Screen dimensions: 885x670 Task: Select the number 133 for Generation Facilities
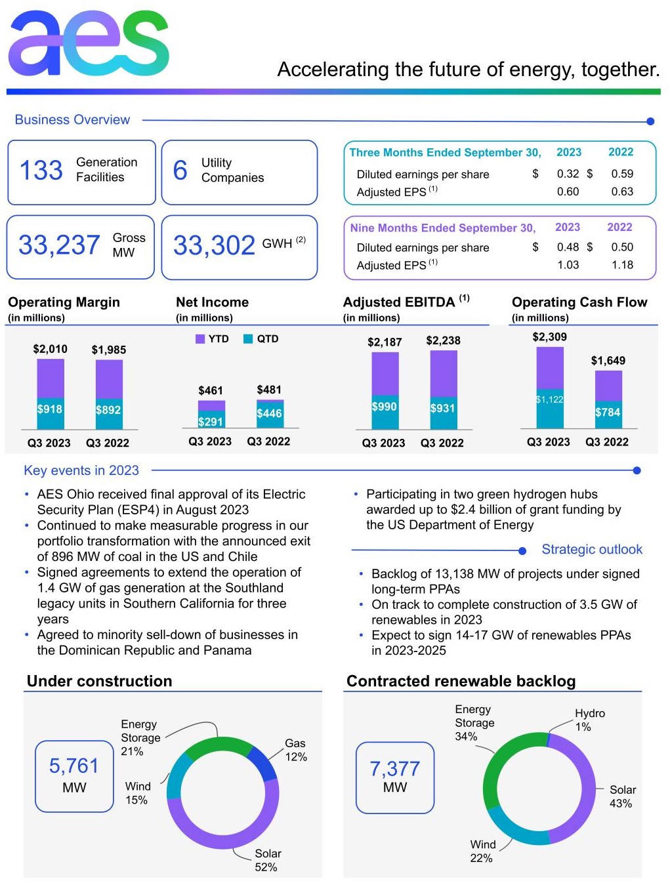[41, 170]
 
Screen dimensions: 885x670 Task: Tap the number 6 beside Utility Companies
[180, 170]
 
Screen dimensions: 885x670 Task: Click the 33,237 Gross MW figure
[59, 245]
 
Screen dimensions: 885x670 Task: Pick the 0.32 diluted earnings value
[568, 174]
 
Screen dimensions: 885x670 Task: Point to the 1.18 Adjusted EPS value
[622, 265]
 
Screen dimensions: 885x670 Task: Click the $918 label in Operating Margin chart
[50, 409]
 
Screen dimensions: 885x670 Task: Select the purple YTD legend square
[200, 339]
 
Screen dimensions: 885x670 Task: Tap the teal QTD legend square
[248, 339]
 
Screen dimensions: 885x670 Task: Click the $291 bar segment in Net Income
[211, 422]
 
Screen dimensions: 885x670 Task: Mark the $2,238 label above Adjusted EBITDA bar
[443, 340]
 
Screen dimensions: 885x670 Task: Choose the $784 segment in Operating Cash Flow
[608, 413]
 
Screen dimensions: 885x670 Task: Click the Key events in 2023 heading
[81, 470]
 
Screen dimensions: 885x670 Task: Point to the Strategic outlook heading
[591, 550]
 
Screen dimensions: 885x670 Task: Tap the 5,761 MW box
[74, 775]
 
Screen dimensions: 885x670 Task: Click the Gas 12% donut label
[295, 750]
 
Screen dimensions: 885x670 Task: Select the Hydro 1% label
[589, 720]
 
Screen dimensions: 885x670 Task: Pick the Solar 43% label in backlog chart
[622, 796]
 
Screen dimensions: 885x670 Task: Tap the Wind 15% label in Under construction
[137, 793]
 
